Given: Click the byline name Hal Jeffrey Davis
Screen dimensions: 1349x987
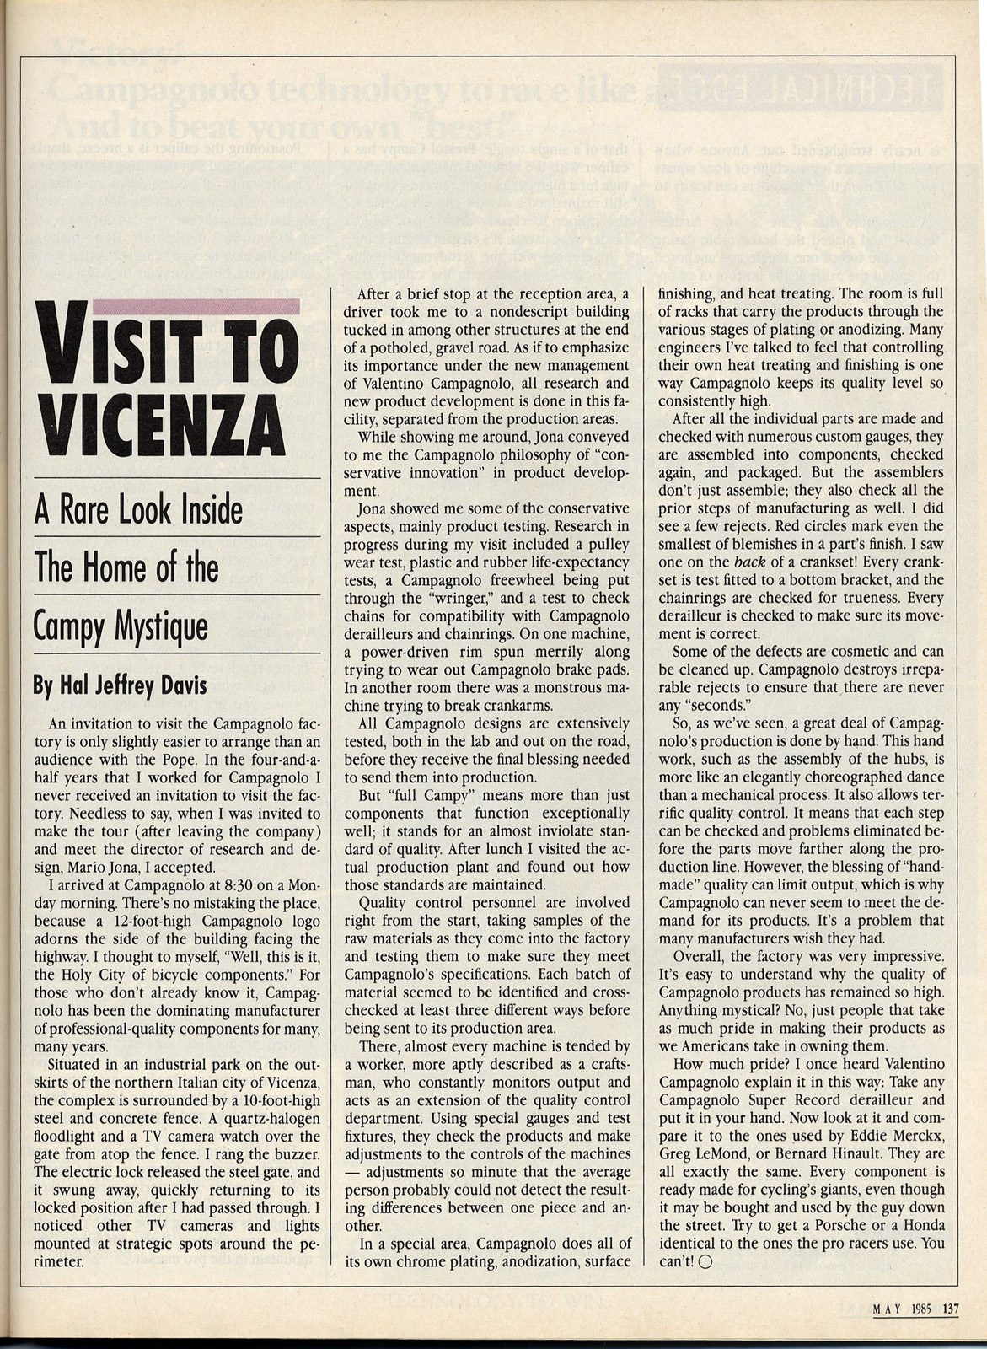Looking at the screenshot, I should tap(120, 685).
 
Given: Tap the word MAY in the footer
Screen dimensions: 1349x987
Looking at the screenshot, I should tap(888, 1309).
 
